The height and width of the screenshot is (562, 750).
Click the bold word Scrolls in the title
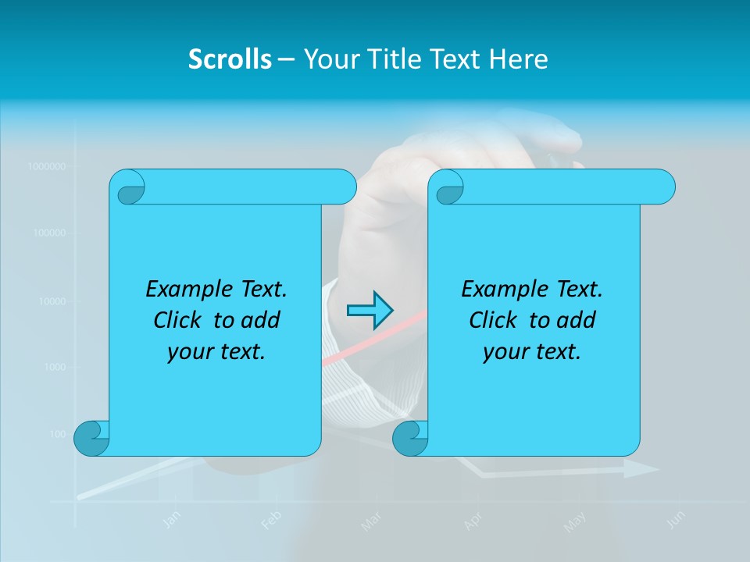pyautogui.click(x=230, y=59)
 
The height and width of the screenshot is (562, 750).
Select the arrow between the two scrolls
pyautogui.click(x=370, y=310)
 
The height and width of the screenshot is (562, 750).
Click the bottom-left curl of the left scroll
pyautogui.click(x=91, y=438)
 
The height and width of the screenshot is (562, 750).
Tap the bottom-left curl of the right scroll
pyautogui.click(x=410, y=438)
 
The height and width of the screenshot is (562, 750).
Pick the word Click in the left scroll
pyautogui.click(x=180, y=321)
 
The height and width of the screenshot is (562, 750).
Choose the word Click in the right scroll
pyautogui.click(x=495, y=321)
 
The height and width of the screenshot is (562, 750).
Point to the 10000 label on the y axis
pyautogui.click(x=51, y=301)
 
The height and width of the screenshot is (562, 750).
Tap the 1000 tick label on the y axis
pyautogui.click(x=54, y=367)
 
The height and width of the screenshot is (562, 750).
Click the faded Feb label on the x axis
pyautogui.click(x=270, y=520)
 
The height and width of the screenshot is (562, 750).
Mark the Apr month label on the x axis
pyautogui.click(x=473, y=521)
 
